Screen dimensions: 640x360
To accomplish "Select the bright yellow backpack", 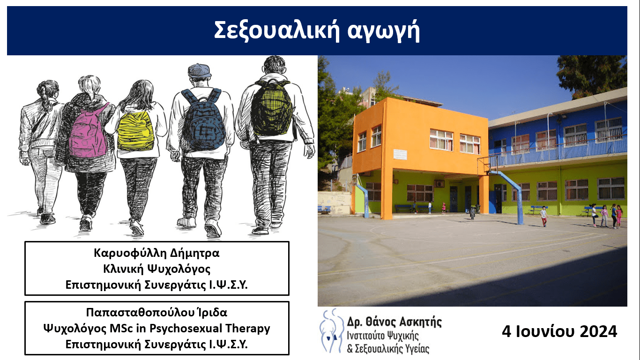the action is pos(135,130).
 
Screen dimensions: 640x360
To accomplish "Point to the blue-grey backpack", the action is pos(203,121).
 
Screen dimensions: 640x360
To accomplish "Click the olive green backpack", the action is pos(272,109).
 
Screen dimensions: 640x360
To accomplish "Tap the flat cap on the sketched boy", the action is pos(199,70).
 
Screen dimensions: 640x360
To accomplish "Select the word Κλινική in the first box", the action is pos(123,269).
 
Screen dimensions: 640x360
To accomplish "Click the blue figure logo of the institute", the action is pos(331,330).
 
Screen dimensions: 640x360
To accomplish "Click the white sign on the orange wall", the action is pos(400,154).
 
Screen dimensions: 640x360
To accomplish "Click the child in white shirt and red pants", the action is pos(544,216).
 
